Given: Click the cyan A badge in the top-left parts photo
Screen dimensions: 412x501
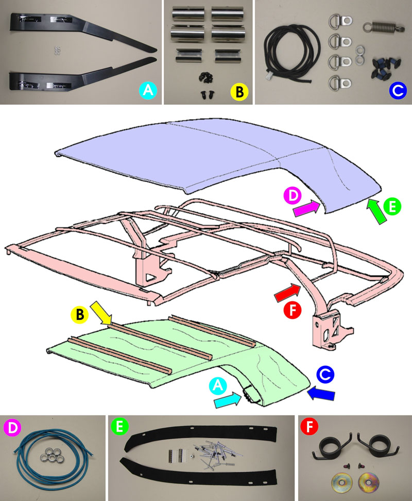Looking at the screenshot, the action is pyautogui.click(x=148, y=90).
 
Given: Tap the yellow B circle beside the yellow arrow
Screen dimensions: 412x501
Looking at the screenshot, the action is pyautogui.click(x=79, y=315).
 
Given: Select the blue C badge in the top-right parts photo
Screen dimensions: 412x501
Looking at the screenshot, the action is pyautogui.click(x=398, y=90).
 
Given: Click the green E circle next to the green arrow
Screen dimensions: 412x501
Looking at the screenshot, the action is pyautogui.click(x=392, y=206).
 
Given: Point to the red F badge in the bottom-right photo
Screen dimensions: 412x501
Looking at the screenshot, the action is pyautogui.click(x=310, y=427).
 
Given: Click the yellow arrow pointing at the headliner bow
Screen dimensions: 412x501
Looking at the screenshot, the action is pyautogui.click(x=101, y=313).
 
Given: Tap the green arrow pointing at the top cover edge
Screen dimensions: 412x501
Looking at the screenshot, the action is pyautogui.click(x=376, y=211).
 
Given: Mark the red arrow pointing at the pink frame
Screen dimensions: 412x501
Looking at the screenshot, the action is pyautogui.click(x=288, y=292).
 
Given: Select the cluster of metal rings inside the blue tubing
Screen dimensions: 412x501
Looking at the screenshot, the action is pyautogui.click(x=53, y=455).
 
